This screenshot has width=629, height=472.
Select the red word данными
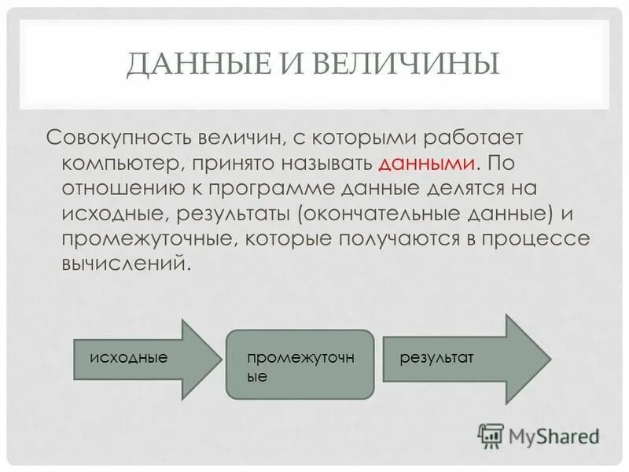[x=427, y=164]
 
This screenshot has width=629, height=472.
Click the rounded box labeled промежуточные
[x=300, y=363]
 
